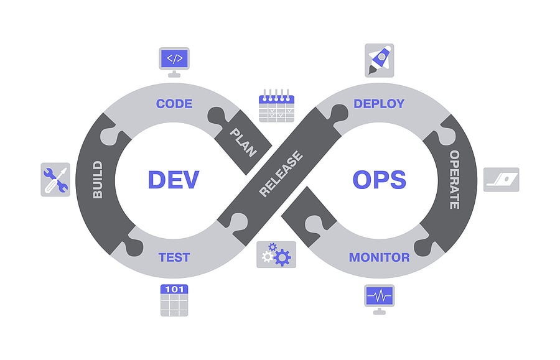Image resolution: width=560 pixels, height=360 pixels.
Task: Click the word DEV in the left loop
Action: pos(173,179)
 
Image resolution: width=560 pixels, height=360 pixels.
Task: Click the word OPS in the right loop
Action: pos(379,179)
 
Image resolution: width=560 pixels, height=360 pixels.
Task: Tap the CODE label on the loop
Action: pos(174,103)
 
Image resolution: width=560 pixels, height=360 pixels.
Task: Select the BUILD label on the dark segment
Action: pos(97,180)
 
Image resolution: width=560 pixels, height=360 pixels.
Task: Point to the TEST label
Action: pos(174,257)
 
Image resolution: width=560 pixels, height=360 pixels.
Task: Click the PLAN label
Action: pos(243,142)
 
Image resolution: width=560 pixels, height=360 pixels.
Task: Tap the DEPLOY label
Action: pos(379,103)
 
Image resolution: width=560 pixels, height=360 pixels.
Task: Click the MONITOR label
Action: pos(379,257)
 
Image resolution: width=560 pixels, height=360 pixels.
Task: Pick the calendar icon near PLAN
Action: pos(276,107)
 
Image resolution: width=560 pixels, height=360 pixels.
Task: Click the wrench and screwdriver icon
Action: pos(55,180)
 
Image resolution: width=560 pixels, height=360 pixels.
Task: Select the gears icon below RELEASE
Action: pos(276,255)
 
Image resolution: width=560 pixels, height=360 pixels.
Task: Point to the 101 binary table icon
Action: pos(174,300)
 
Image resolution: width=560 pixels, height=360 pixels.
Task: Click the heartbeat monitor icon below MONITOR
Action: pos(379,297)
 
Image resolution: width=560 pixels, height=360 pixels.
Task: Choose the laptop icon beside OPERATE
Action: pos(502,180)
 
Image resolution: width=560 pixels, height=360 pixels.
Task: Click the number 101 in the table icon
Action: pos(174,289)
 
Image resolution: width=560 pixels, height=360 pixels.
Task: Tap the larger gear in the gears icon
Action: pos(282,256)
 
